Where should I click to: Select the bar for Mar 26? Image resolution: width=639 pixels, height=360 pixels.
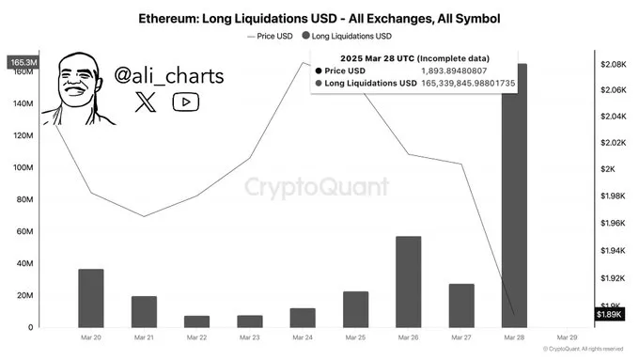(x=408, y=281)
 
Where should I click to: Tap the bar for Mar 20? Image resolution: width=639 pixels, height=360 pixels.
(x=91, y=297)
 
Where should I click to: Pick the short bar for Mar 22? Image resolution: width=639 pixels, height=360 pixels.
(x=196, y=321)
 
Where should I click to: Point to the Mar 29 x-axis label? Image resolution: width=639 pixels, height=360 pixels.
(x=567, y=337)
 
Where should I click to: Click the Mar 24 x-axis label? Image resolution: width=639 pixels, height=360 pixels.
(x=303, y=337)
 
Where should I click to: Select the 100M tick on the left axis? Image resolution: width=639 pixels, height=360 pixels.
(x=23, y=167)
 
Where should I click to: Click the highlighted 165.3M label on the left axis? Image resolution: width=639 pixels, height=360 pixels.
(x=23, y=63)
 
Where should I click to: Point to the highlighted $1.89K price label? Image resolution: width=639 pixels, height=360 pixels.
(x=610, y=314)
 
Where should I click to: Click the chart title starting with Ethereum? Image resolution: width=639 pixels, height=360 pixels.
(x=319, y=17)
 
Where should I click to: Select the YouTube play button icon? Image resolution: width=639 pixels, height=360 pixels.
(x=185, y=102)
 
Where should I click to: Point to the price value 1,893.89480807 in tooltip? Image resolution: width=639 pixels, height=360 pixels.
(x=463, y=70)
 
